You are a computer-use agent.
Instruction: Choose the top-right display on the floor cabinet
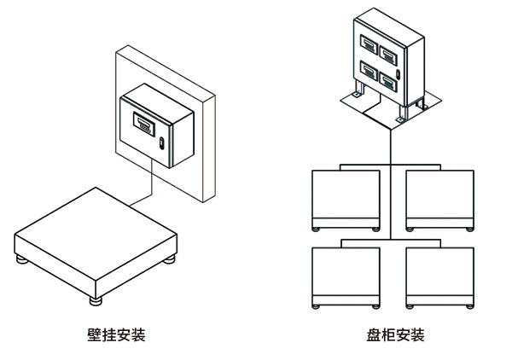388,55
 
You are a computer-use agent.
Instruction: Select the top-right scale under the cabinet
439,198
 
